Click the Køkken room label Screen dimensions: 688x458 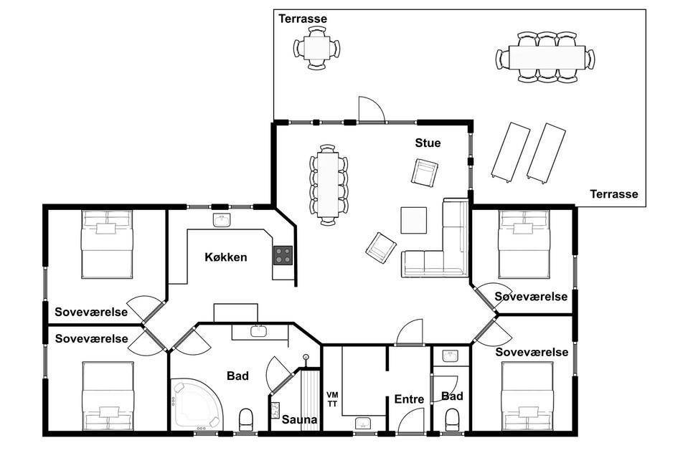pos(225,257)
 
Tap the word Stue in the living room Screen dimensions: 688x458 pos(428,143)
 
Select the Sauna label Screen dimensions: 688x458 pos(299,419)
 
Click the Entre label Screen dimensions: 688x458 pos(409,399)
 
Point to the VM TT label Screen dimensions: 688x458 pos(332,399)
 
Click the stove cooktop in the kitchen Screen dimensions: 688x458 pos(283,255)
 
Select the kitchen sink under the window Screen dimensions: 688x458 pos(222,220)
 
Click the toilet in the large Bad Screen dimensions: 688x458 pos(245,420)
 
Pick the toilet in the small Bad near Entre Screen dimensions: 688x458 pos(451,420)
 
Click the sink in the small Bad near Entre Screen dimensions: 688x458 pos(450,356)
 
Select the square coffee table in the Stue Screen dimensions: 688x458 pos(414,221)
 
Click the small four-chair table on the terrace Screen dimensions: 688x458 pos(317,48)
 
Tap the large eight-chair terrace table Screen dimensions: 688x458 pos(546,57)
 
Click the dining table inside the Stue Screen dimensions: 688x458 pos(329,185)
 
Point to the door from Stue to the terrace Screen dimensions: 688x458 pos(372,110)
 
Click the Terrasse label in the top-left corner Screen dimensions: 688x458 pos(303,19)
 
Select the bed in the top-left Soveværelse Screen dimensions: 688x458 pos(107,244)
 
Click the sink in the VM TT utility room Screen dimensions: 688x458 pos(363,424)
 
